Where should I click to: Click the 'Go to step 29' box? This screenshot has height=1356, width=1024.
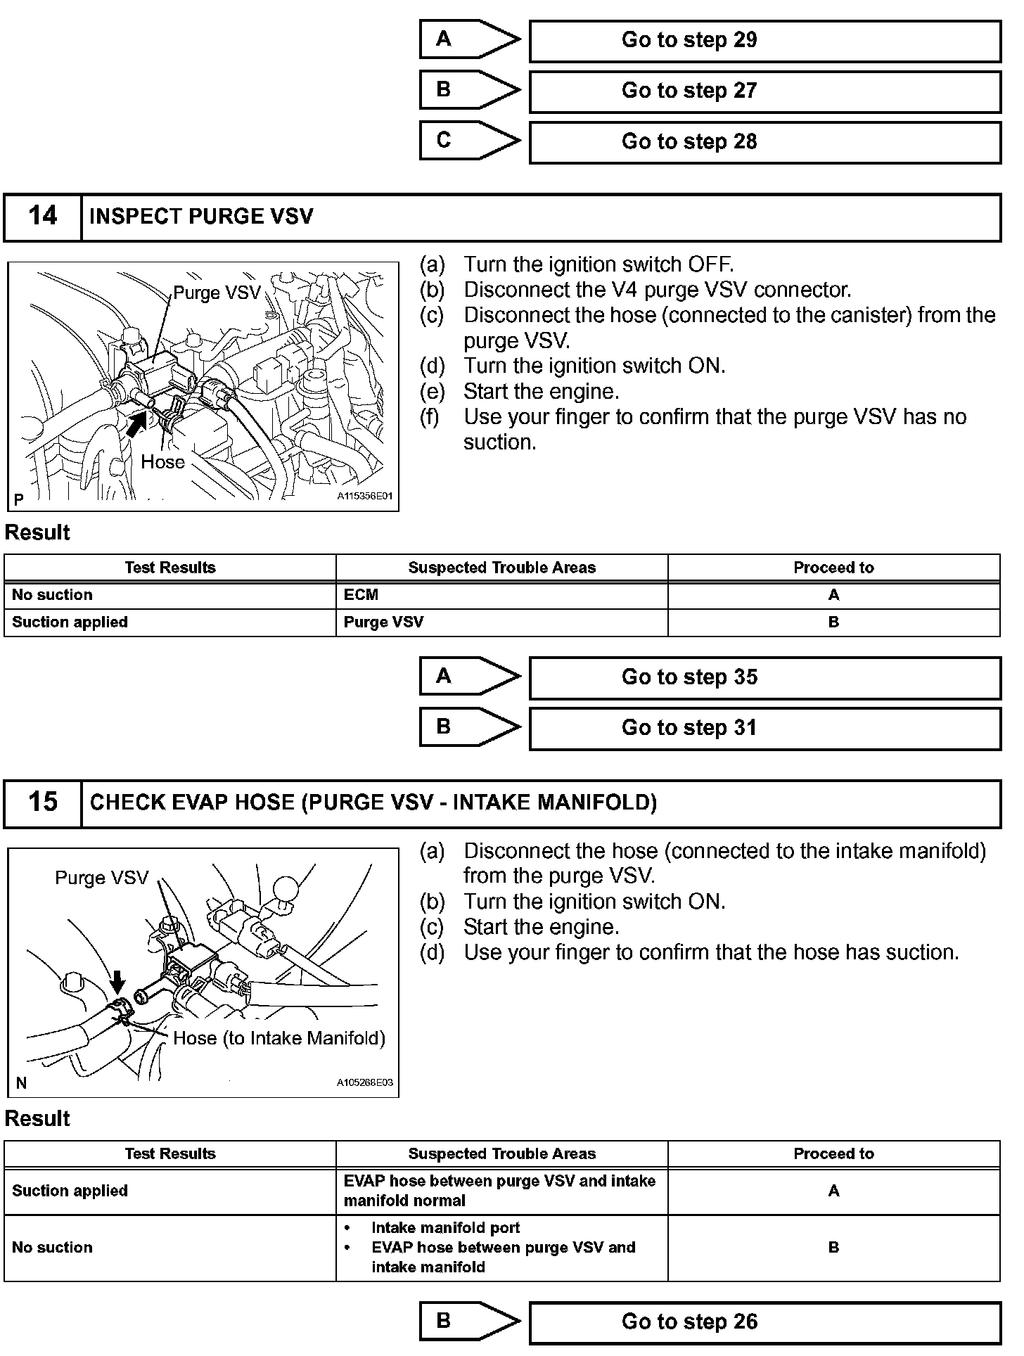(764, 41)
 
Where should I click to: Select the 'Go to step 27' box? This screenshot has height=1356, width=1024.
(764, 91)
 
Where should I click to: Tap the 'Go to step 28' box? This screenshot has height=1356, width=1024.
(764, 142)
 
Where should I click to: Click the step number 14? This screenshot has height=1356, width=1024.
(42, 216)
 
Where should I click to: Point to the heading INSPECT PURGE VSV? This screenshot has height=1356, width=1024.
(201, 217)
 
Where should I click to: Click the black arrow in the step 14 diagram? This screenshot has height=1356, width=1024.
(136, 423)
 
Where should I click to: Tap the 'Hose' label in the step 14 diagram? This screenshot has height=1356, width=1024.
(162, 462)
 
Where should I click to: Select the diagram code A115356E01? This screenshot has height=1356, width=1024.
(364, 497)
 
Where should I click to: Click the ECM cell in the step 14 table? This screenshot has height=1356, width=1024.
(361, 595)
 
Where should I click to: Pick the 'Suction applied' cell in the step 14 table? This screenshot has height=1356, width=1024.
(70, 622)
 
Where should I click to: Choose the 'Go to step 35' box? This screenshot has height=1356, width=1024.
(764, 678)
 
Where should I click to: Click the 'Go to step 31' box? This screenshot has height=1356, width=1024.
(764, 729)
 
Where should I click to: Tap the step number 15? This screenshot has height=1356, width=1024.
(42, 802)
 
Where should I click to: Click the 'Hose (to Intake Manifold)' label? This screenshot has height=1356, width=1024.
(279, 1039)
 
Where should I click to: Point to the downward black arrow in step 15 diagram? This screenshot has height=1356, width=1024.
(118, 981)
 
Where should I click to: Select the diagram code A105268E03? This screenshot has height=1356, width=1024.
(364, 1083)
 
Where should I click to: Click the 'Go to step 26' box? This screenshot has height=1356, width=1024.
(764, 1322)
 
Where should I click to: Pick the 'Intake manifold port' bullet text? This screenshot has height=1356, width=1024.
(445, 1228)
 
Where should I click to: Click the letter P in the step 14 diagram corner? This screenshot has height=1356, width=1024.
(19, 499)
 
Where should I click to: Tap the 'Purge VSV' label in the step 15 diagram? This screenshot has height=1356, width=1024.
(102, 878)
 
